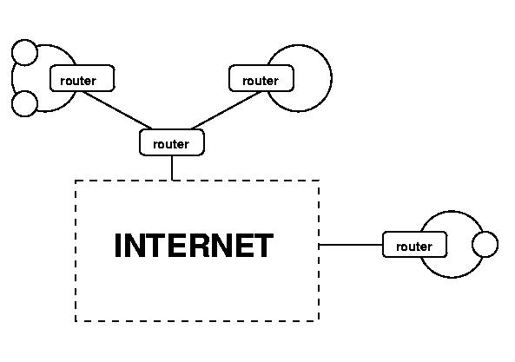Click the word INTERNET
pyautogui.click(x=194, y=245)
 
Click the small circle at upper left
pyautogui.click(x=24, y=40)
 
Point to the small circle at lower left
pyautogui.click(x=24, y=91)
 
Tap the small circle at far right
pyautogui.click(x=485, y=232)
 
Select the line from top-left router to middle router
pyautogui.click(x=117, y=110)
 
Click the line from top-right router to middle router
pyautogui.click(x=227, y=110)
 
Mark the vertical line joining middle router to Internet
pyautogui.click(x=172, y=168)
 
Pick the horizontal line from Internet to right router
pyautogui.click(x=351, y=245)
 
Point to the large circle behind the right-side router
pyautogui.click(x=452, y=211)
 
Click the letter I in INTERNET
pyautogui.click(x=117, y=245)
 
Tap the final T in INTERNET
pyautogui.click(x=263, y=245)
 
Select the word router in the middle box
pyautogui.click(x=171, y=144)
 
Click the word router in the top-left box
pyautogui.click(x=78, y=81)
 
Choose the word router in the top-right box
pyautogui.click(x=261, y=81)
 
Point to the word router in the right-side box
pyautogui.click(x=414, y=247)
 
